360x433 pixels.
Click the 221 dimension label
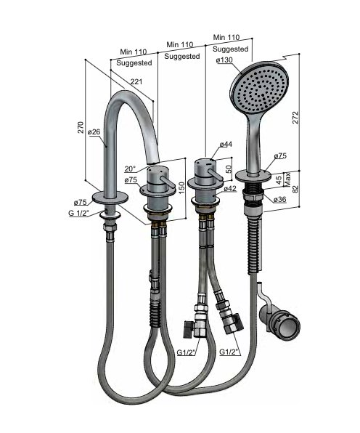coord(136,81)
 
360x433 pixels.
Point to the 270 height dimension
coord(81,127)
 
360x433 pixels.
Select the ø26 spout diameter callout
coord(94,131)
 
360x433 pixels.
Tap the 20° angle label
coord(130,169)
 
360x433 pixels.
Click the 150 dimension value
coord(181,188)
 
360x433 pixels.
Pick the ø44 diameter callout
coord(226,144)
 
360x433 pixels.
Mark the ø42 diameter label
coord(230,188)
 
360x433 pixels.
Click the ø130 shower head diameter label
coord(224,60)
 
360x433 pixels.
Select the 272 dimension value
coord(295,118)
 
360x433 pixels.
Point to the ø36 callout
coord(279,199)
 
